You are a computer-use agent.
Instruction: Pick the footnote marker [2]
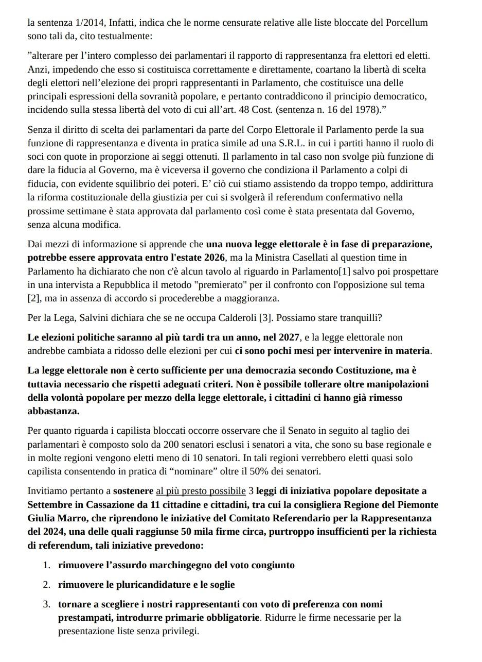[x=33, y=298]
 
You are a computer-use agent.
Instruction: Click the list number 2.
[x=46, y=585]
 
